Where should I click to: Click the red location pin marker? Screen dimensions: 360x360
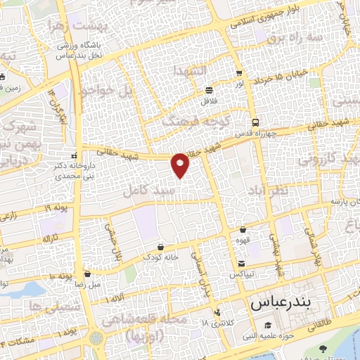[181, 165]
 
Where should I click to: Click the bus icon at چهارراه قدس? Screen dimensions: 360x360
[255, 121]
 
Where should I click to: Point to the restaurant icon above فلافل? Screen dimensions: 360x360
[210, 91]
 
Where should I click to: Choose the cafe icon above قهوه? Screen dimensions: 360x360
[243, 229]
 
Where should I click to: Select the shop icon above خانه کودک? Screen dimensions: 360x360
[162, 247]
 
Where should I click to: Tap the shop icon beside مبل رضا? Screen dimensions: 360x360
[87, 274]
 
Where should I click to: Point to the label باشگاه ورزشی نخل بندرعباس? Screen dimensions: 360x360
[76, 51]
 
